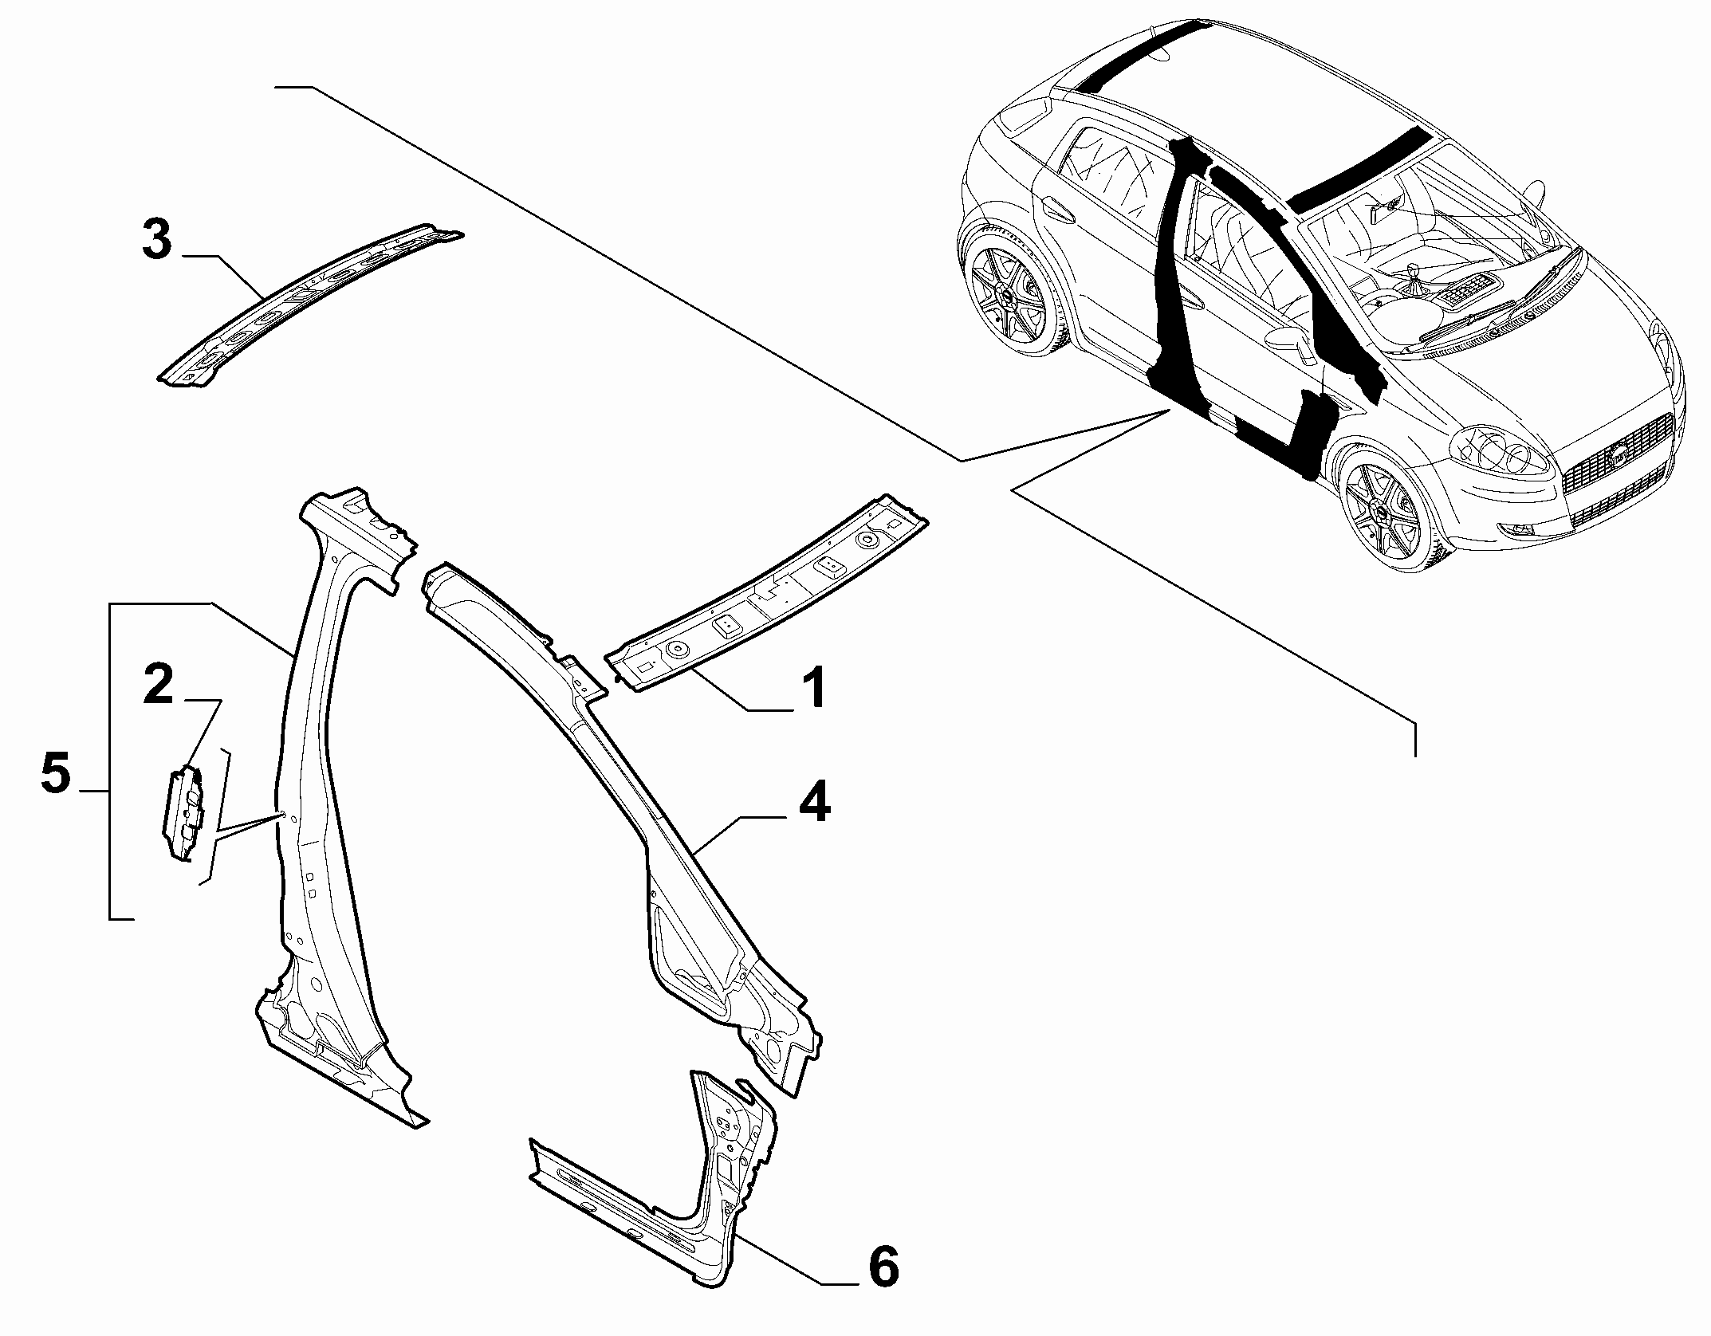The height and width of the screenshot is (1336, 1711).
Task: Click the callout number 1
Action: point(813,690)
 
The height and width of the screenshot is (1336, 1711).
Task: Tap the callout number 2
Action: point(159,685)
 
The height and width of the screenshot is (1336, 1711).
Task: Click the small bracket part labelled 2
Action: point(184,812)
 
